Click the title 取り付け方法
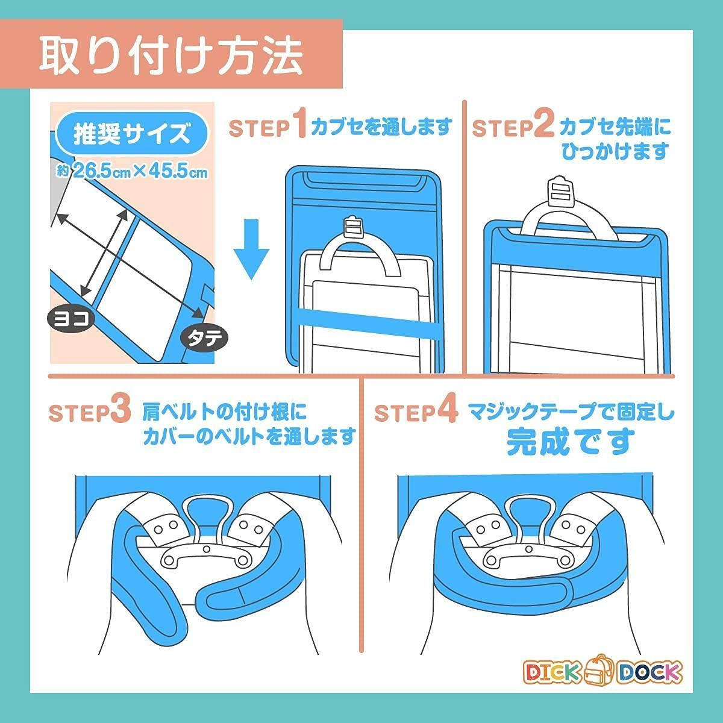tap(171, 56)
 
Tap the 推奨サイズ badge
tap(131, 134)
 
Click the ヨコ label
tap(71, 319)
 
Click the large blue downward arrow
tap(251, 249)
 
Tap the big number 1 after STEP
tap(299, 124)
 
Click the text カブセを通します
tap(381, 127)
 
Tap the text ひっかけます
tap(615, 151)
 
